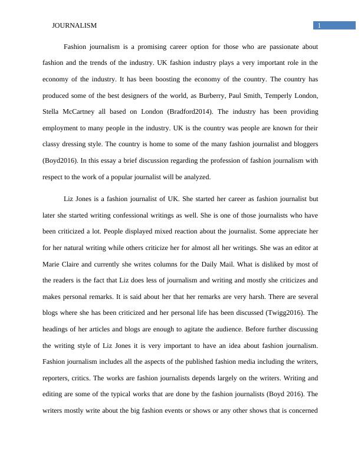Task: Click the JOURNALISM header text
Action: click(74, 26)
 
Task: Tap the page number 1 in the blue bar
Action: click(319, 25)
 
